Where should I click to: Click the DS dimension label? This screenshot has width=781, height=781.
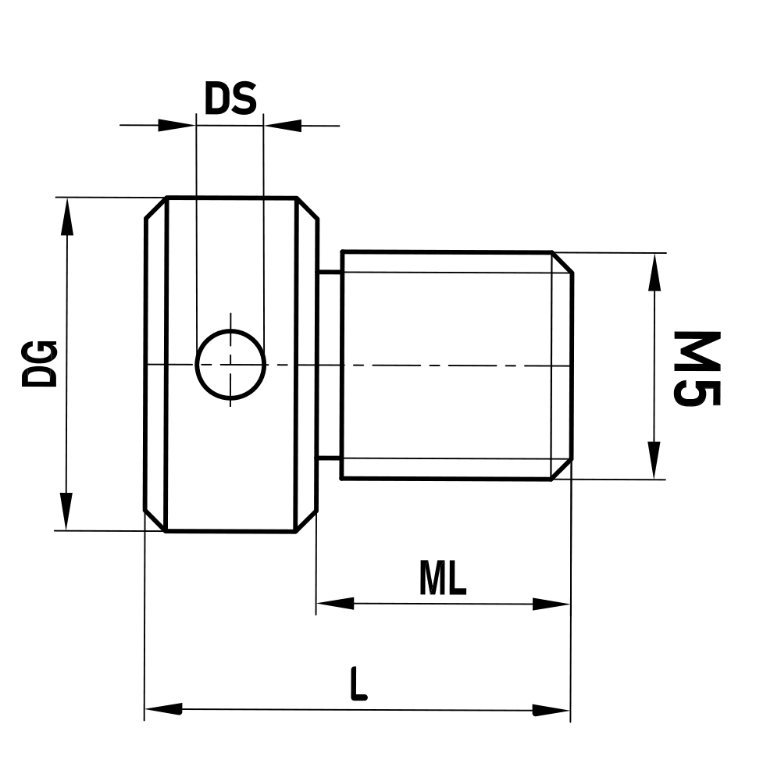[x=230, y=99]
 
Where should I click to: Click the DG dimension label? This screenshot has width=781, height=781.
[x=39, y=364]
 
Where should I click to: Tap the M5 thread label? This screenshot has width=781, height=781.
[x=697, y=368]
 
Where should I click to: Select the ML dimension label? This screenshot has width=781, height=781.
[x=442, y=579]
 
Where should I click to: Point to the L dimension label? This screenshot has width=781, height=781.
[x=358, y=685]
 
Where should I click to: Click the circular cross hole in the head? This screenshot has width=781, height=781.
[x=230, y=364]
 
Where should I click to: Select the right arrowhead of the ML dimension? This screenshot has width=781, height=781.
[x=551, y=604]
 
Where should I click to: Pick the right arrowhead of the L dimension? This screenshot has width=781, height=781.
[x=551, y=710]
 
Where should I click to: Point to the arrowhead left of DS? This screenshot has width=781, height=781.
[x=176, y=125]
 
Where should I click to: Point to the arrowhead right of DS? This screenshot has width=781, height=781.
[x=283, y=125]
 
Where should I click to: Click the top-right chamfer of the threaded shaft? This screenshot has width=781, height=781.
[x=562, y=262]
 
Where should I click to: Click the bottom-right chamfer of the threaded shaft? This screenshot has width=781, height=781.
[x=562, y=469]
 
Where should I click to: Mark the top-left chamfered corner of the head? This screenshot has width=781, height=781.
[x=156, y=208]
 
